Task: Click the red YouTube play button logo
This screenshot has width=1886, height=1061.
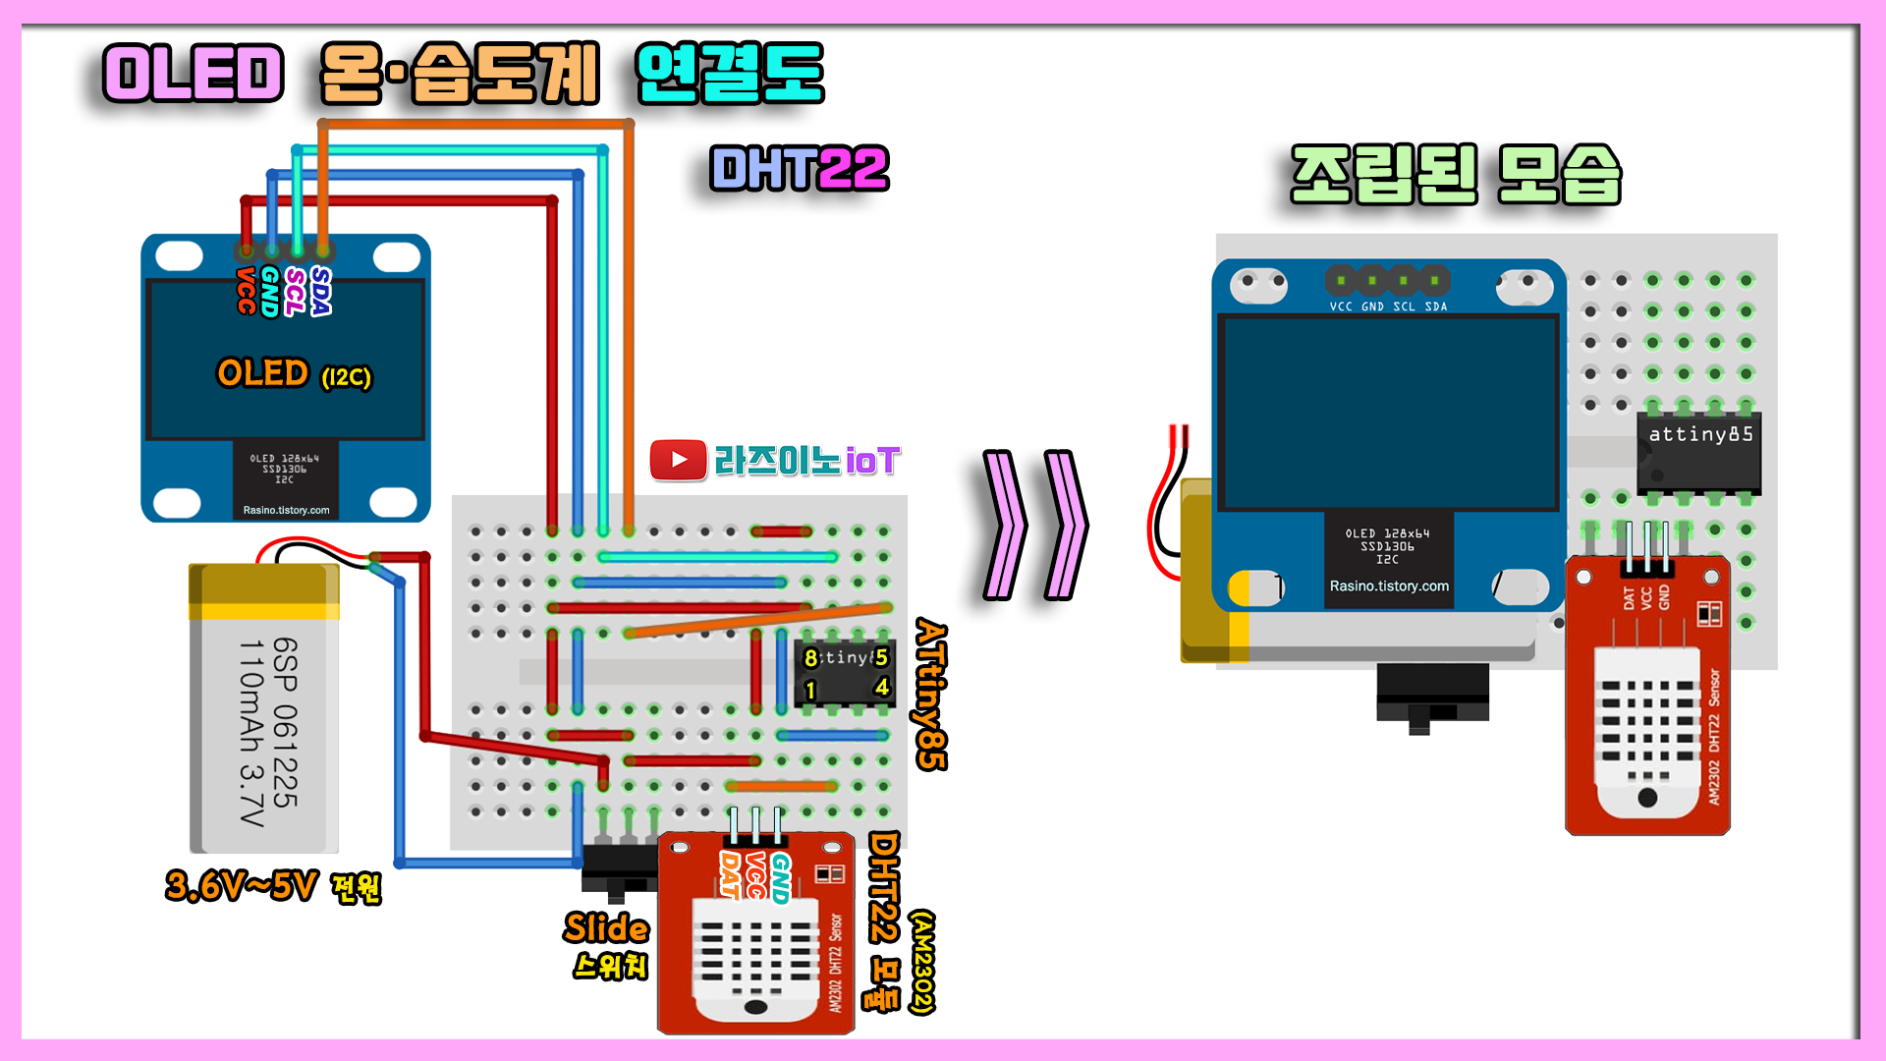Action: tap(678, 460)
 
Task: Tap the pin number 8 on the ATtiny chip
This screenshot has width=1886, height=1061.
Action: tap(810, 657)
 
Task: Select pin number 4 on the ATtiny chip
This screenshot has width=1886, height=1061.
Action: tap(881, 687)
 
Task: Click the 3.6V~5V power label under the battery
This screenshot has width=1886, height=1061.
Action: tap(273, 886)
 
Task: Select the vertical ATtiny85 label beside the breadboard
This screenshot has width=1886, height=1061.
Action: tap(930, 694)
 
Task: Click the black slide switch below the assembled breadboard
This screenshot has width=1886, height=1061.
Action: tap(1432, 696)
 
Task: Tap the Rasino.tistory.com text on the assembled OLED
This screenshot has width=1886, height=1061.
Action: tap(1389, 586)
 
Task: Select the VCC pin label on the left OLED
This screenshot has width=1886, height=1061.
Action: tap(246, 291)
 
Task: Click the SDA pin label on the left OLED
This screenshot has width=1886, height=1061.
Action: tap(321, 291)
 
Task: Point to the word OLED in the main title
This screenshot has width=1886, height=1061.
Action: tap(194, 74)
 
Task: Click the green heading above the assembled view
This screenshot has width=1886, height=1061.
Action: tap(1456, 174)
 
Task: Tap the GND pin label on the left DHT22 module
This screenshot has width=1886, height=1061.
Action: tap(781, 877)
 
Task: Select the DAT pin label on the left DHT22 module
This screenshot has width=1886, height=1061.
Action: tap(730, 874)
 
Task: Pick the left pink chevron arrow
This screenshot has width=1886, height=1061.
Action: tap(1004, 525)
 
